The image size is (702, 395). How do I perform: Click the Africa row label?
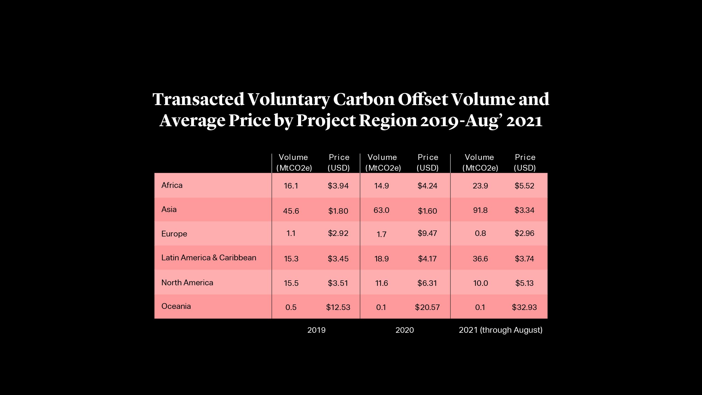[172, 185]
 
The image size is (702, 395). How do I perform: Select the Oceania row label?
[176, 306]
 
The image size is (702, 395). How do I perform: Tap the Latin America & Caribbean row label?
[208, 258]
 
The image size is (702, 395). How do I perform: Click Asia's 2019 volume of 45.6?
[291, 211]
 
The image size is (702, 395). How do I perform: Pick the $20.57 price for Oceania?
[427, 307]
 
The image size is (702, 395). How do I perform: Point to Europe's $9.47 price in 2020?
[427, 233]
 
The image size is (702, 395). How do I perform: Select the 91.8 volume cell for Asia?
[480, 210]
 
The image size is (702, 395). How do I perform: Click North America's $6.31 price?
[427, 283]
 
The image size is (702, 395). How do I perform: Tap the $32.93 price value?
[524, 307]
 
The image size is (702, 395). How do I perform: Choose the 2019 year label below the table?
[316, 330]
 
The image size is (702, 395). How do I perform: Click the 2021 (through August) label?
[500, 330]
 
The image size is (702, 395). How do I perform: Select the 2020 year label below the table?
[404, 330]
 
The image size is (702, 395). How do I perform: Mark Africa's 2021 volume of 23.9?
[480, 186]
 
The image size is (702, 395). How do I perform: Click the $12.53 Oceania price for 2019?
[338, 307]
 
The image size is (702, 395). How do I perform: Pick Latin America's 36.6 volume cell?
[480, 259]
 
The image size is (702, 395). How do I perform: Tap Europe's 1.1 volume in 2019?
[291, 233]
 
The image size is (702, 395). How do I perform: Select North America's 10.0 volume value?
[480, 283]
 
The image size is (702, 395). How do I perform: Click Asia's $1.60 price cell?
[427, 211]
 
